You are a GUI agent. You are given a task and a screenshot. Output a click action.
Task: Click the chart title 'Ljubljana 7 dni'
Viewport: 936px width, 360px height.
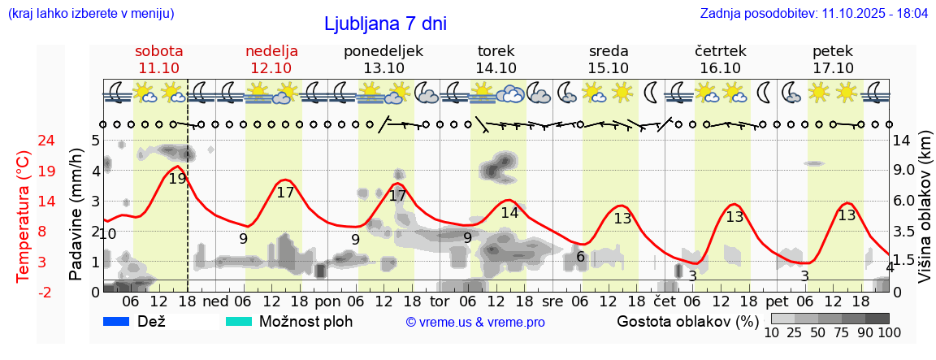[x=385, y=24]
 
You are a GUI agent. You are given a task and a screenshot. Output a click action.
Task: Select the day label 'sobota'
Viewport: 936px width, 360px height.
[x=158, y=51]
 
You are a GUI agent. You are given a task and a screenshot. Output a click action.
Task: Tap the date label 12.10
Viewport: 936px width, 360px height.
[x=271, y=68]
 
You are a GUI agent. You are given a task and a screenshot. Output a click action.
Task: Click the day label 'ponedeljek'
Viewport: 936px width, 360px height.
[x=383, y=51]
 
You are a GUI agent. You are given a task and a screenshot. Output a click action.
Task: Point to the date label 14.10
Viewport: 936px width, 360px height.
[x=496, y=68]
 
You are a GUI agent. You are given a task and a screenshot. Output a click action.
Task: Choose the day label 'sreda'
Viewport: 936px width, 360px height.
[x=609, y=51]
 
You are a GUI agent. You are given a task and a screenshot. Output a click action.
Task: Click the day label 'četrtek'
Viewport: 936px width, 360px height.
[x=721, y=51]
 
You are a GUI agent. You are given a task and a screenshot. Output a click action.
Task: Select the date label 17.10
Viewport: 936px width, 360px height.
[x=833, y=68]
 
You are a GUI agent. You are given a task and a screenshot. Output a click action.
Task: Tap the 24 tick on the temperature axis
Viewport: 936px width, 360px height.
[x=24, y=141]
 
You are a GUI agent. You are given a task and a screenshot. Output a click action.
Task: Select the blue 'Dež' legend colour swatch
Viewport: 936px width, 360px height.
[x=117, y=321]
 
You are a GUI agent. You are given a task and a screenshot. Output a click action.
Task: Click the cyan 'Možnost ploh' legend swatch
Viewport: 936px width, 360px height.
[x=239, y=321]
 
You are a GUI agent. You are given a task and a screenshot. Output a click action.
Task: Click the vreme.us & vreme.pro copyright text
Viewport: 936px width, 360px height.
[x=475, y=323]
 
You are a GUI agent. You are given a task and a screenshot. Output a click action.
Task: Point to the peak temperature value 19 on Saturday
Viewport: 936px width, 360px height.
[x=177, y=178]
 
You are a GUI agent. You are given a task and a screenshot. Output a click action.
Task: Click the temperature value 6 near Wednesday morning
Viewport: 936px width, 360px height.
[x=580, y=257]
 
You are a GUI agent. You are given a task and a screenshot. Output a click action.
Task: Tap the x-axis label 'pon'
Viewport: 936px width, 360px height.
[x=327, y=301]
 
